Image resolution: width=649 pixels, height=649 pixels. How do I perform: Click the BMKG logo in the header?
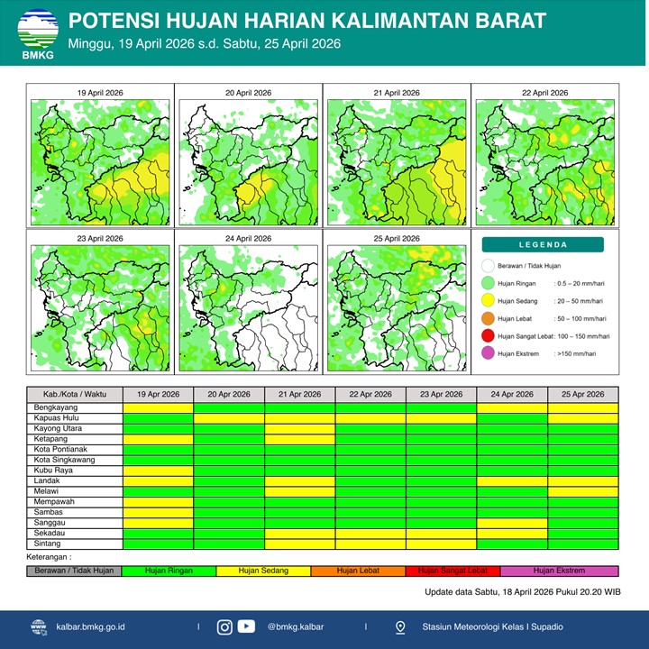37,34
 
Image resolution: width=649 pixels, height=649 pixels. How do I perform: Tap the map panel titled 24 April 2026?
248,306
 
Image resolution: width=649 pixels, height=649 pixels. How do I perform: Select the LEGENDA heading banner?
544,244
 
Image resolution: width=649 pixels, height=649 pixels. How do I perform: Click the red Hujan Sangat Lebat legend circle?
489,336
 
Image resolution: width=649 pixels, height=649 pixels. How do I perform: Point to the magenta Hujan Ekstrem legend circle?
489,354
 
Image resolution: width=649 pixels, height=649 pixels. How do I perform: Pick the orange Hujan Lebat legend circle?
489,318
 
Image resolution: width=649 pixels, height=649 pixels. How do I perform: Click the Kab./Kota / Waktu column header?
75,395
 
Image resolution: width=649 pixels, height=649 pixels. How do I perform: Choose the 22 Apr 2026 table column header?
370,395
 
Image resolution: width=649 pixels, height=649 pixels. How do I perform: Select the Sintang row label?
47,544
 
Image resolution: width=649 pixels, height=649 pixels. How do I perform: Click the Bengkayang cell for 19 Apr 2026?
159,407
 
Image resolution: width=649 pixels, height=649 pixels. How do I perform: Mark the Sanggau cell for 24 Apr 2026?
512,523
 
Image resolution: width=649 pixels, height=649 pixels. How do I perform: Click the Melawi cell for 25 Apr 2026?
583,491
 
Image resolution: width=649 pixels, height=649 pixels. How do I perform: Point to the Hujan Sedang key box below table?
262,571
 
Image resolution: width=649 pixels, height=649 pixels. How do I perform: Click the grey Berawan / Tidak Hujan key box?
74,571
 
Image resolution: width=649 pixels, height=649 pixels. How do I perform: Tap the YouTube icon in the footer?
246,626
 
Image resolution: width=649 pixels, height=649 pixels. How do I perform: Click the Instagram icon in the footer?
224,626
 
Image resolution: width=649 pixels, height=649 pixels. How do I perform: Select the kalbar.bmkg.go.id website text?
90,626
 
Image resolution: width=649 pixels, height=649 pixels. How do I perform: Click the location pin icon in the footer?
400,626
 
